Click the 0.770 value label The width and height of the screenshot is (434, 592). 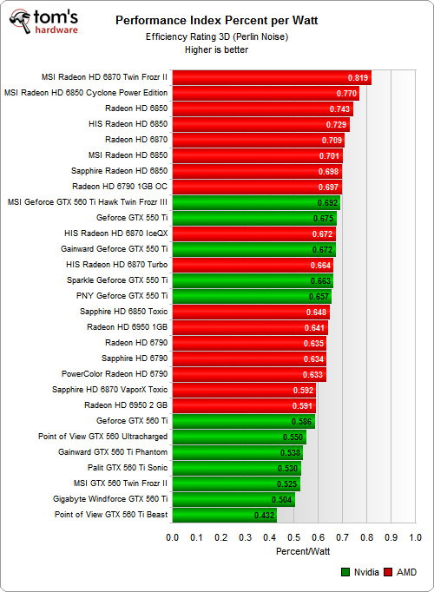click(x=346, y=93)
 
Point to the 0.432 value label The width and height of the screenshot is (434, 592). click(x=264, y=516)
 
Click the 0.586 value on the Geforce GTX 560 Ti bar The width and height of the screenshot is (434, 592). click(x=302, y=421)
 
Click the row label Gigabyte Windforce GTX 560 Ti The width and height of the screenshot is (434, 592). click(x=110, y=499)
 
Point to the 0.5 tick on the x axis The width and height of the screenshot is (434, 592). click(x=294, y=537)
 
